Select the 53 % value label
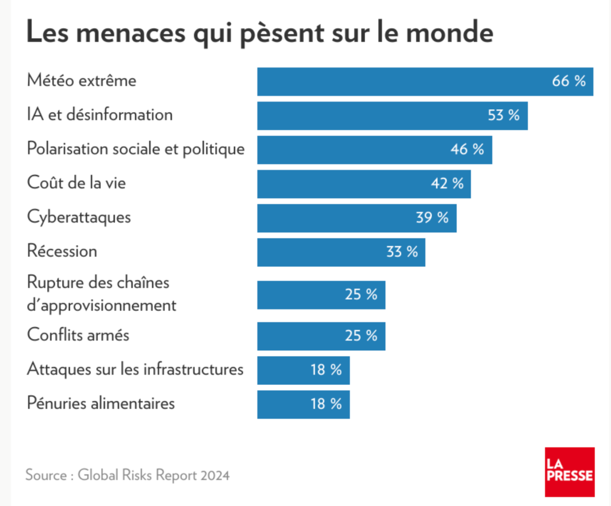coord(503,116)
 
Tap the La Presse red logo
coord(569,471)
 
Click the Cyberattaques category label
coord(79,217)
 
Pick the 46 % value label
coord(467,150)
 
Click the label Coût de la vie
coord(76,183)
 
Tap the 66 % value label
coord(569,82)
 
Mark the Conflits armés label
coord(78,335)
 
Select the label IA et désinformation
coord(100,115)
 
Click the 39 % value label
coord(432,218)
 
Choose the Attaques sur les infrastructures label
coord(135,369)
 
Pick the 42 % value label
coord(447,184)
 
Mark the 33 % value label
coord(402,252)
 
